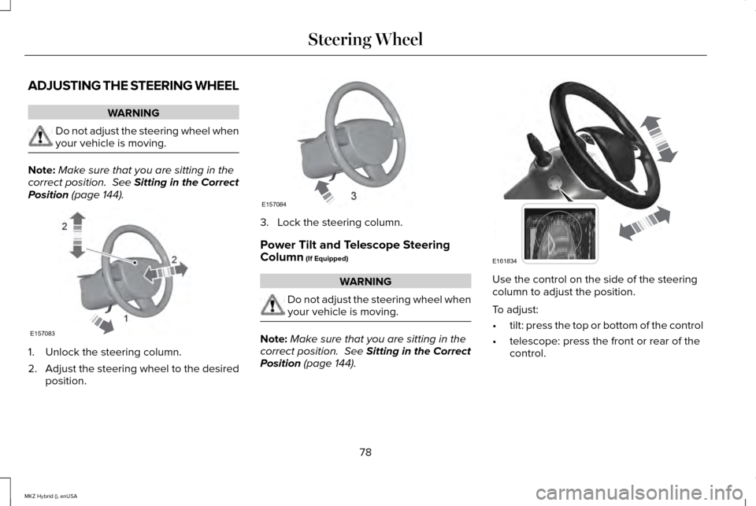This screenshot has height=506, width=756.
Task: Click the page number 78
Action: click(x=365, y=452)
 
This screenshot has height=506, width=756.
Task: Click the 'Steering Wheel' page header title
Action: click(x=365, y=39)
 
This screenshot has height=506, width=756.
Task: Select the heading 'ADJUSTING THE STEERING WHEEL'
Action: click(x=134, y=86)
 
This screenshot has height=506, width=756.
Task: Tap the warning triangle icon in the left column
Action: click(x=40, y=136)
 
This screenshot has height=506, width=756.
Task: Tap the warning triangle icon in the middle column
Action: click(x=272, y=305)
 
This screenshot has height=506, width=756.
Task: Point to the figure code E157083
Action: click(x=43, y=334)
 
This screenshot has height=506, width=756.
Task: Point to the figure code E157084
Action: click(x=274, y=205)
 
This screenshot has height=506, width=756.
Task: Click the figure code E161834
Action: click(x=505, y=261)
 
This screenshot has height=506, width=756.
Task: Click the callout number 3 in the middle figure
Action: click(x=354, y=196)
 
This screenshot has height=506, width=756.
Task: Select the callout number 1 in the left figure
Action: click(x=126, y=318)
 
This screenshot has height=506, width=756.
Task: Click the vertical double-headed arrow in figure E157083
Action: click(x=78, y=235)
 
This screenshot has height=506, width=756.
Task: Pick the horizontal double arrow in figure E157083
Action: click(x=165, y=271)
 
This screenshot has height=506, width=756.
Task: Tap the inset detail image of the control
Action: click(x=559, y=234)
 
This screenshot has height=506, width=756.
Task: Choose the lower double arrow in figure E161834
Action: click(x=645, y=223)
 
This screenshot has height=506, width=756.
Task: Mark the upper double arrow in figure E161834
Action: click(x=659, y=139)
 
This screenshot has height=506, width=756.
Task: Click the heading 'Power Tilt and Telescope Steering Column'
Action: click(x=355, y=250)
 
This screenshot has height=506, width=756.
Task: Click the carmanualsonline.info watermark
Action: click(x=639, y=493)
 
